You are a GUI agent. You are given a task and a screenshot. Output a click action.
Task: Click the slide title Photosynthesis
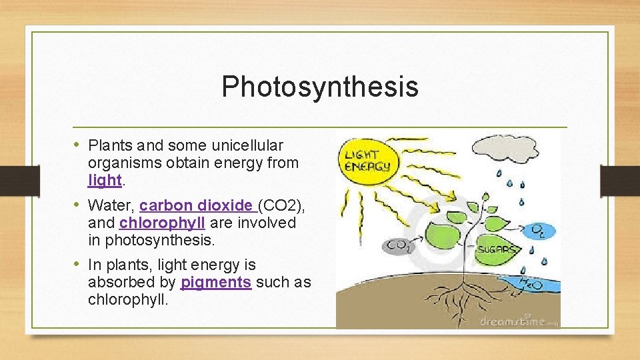(320, 87)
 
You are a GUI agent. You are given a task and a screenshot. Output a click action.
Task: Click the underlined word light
(105, 180)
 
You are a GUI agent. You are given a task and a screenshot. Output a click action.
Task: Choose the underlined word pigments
(216, 282)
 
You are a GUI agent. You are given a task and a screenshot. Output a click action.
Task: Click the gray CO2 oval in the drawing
(401, 245)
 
